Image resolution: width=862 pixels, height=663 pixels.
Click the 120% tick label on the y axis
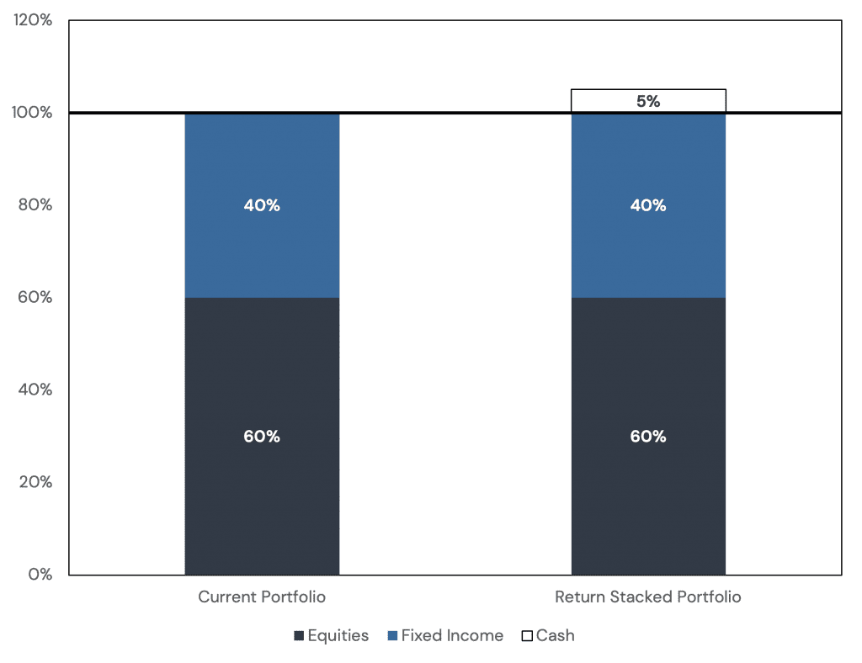coord(34,20)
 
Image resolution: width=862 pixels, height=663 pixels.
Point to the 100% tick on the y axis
coord(34,113)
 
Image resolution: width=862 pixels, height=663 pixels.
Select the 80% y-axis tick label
coord(35,205)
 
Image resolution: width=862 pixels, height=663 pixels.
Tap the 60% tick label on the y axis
coord(35,298)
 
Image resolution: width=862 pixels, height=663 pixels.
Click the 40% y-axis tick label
coord(35,390)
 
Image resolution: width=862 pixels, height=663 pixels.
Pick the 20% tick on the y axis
coord(35,482)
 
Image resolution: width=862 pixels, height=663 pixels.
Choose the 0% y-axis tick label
coord(40,575)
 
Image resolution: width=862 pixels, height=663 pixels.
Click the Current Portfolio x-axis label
coord(262,597)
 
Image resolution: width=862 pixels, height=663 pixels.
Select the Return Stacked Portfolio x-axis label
coord(648,597)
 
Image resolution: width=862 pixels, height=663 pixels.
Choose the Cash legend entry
coord(548,636)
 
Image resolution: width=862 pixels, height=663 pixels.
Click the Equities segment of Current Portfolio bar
coord(262,505)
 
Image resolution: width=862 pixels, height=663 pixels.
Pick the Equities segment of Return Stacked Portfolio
coord(648,505)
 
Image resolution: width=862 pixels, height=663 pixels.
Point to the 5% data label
coord(648,102)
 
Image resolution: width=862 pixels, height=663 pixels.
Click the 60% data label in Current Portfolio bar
coord(262,437)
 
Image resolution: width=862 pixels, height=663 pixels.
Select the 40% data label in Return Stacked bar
coord(648,205)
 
